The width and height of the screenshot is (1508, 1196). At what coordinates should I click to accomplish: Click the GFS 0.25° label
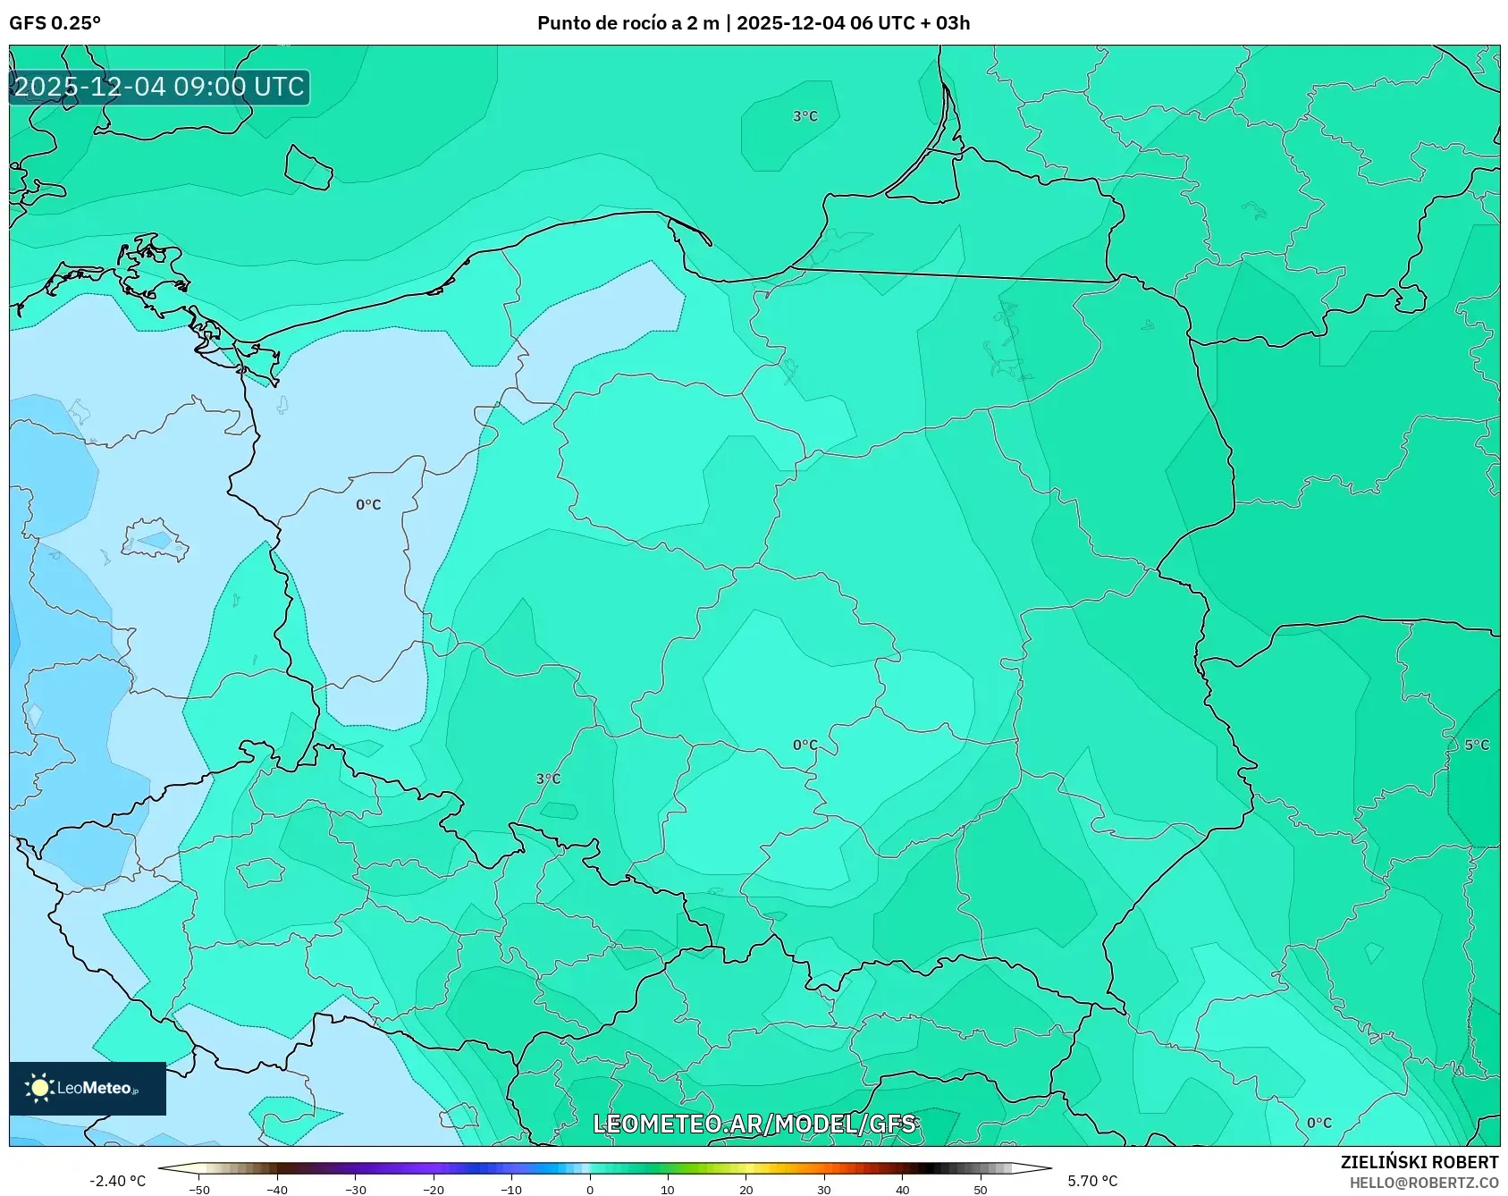[55, 23]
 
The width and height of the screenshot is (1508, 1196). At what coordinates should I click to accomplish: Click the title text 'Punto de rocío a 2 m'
[628, 23]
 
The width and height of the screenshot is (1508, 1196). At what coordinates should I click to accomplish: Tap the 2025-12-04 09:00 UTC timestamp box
[159, 87]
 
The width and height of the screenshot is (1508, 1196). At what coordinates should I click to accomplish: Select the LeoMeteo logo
[87, 1088]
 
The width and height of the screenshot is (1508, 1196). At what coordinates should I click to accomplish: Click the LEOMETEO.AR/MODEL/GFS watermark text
[754, 1124]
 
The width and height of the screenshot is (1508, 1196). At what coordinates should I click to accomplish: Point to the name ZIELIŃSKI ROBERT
[1419, 1162]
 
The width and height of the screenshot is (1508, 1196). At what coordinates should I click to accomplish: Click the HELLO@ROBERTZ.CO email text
[1423, 1183]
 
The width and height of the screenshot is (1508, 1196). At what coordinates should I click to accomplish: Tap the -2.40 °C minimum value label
[117, 1181]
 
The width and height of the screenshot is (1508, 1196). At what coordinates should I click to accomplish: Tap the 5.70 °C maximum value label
[1092, 1181]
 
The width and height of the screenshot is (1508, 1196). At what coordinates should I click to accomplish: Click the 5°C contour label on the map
[1477, 745]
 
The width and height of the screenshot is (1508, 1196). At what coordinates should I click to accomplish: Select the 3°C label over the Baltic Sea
[805, 116]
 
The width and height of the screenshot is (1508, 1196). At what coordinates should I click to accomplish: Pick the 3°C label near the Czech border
[548, 779]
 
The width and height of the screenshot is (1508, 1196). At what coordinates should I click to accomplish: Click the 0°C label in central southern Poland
[805, 745]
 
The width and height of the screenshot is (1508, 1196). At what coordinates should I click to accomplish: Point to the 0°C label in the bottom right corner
[1318, 1123]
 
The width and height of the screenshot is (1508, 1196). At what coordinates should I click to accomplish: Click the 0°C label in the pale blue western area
[368, 505]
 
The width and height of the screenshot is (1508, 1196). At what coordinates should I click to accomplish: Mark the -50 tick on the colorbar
[199, 1190]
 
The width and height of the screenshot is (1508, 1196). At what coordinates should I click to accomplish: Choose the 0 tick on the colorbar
[590, 1190]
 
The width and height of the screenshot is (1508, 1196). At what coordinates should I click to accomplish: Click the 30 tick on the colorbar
[824, 1190]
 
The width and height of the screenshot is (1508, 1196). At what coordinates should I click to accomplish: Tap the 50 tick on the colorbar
[981, 1190]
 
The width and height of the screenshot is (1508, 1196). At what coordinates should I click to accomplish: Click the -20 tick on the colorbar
[434, 1190]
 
